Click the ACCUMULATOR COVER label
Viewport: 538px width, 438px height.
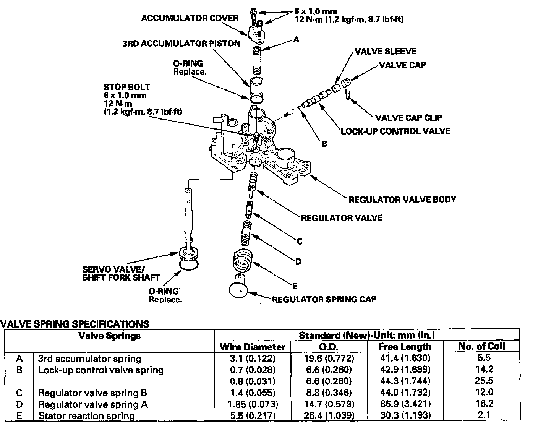(x=190, y=18)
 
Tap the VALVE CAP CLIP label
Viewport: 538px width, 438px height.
(x=408, y=118)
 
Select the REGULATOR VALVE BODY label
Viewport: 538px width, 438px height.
(x=402, y=200)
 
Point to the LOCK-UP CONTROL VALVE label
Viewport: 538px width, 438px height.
(x=395, y=131)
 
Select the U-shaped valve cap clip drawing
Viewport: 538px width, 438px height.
(x=347, y=95)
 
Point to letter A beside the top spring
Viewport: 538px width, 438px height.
(x=297, y=39)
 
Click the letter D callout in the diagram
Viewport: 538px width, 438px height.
(x=298, y=262)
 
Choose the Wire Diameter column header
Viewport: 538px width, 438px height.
(x=253, y=347)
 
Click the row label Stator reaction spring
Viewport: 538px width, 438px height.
(x=86, y=416)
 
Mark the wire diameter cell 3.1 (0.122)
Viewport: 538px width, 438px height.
(x=253, y=359)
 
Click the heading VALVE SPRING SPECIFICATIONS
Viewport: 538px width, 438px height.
(x=75, y=324)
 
